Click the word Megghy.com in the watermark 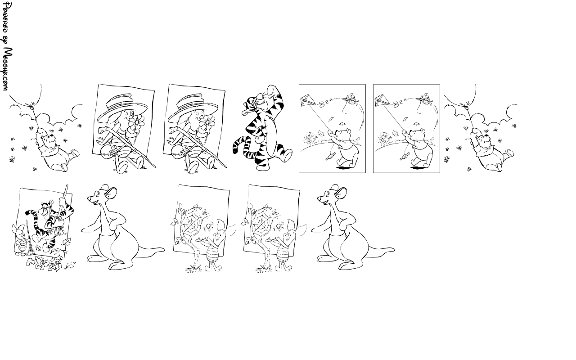[8, 69]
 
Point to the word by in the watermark [6, 40]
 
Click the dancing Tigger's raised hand [271, 90]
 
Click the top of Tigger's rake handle [67, 186]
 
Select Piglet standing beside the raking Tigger [21, 239]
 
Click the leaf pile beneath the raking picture [44, 264]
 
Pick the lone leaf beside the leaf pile [70, 265]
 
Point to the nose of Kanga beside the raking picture [89, 198]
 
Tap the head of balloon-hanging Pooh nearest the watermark [51, 140]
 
